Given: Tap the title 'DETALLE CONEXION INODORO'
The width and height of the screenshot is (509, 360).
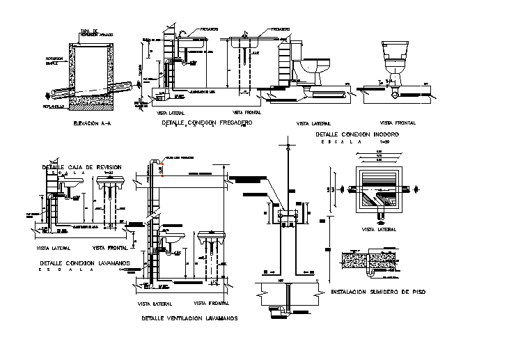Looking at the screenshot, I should tap(357, 134).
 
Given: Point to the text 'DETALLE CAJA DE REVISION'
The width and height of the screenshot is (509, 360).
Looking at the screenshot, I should tap(81, 167).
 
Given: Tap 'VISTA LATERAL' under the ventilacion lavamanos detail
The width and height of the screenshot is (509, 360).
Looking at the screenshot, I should tap(155, 304).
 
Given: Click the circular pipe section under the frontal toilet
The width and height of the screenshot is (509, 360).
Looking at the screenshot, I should tap(395, 91).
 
